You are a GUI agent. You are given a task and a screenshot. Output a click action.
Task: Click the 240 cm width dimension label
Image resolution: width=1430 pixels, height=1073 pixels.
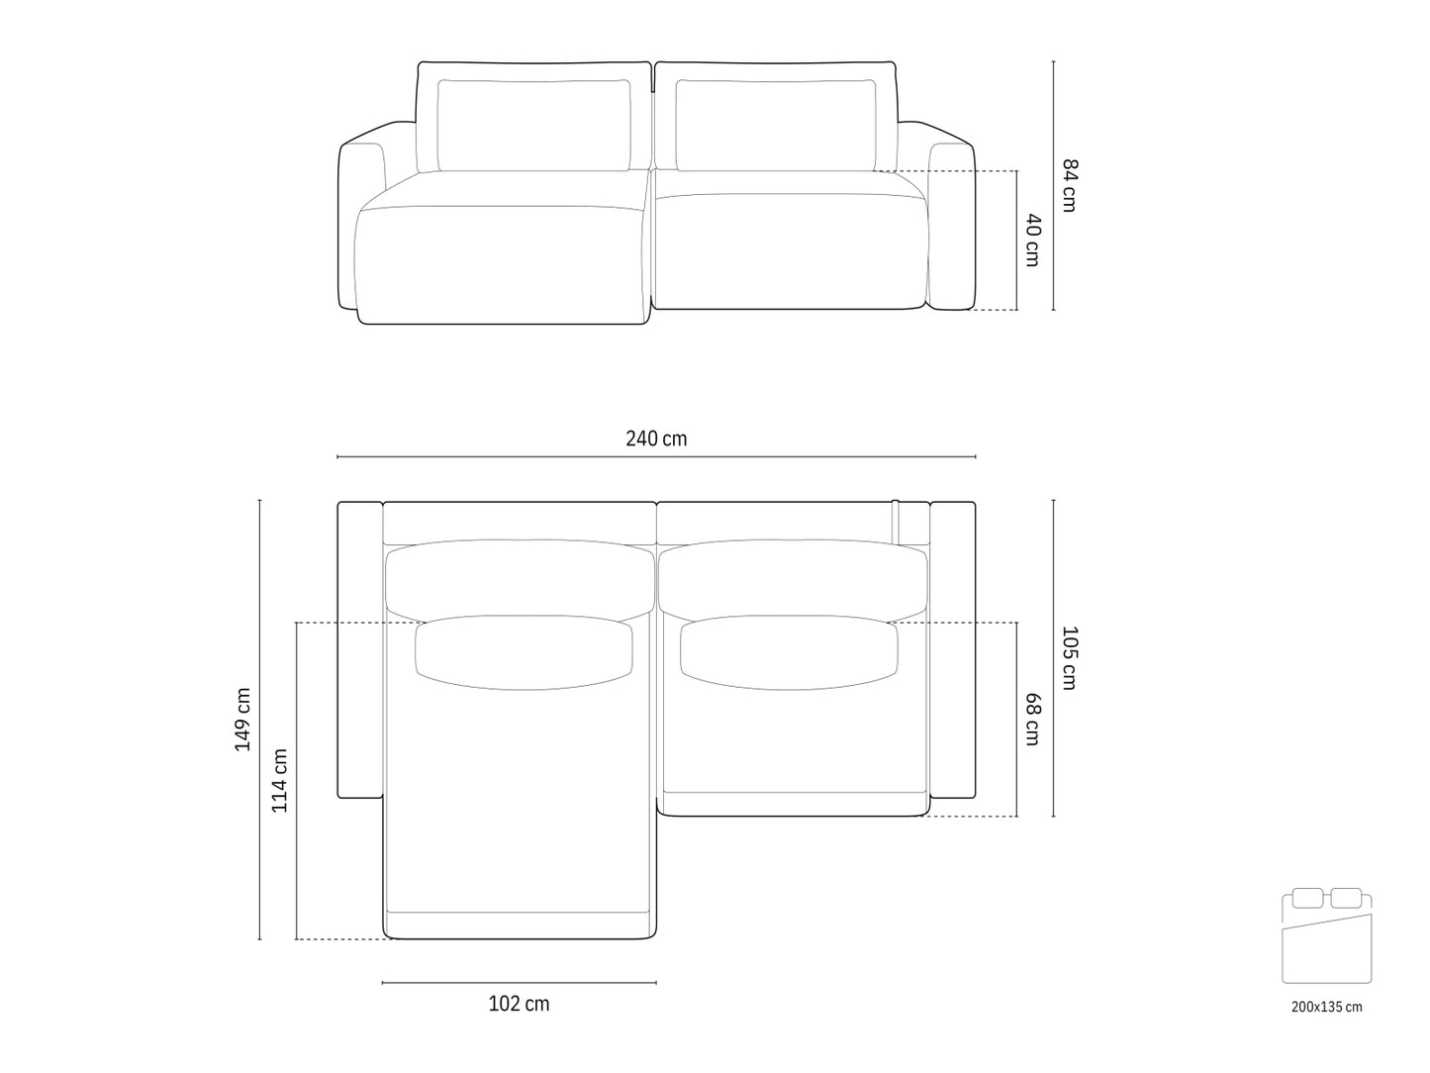tap(656, 439)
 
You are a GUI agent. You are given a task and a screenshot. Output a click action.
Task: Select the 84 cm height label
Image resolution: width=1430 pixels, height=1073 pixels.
tap(1069, 185)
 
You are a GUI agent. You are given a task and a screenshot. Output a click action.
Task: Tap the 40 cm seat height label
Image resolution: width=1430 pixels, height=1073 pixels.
tap(1032, 240)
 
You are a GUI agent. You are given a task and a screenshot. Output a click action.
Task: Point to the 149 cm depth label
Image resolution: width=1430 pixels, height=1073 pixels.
tap(242, 720)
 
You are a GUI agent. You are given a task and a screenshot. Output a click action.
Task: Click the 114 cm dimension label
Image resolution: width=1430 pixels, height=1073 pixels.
tap(280, 780)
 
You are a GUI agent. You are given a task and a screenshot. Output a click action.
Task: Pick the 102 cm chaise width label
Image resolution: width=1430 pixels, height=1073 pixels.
tap(519, 1004)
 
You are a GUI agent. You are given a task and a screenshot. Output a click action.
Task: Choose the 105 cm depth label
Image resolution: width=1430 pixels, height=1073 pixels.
tap(1069, 657)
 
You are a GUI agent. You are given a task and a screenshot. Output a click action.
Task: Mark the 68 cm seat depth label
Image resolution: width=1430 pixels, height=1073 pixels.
tap(1032, 719)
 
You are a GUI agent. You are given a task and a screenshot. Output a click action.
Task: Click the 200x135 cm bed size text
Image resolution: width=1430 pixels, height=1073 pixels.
tap(1326, 1007)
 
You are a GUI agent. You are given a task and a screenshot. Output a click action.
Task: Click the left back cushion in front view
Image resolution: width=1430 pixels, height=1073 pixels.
tap(534, 124)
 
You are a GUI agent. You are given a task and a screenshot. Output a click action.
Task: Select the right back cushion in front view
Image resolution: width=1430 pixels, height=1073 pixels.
tap(777, 124)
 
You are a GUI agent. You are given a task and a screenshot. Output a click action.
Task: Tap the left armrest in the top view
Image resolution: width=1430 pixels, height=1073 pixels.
tap(359, 649)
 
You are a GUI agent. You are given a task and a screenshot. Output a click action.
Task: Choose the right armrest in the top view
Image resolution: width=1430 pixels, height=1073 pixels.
tap(953, 649)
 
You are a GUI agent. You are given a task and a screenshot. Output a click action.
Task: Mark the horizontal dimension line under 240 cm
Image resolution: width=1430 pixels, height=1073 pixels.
tap(656, 457)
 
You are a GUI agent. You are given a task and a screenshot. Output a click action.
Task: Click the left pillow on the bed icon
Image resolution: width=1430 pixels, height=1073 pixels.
tap(1308, 899)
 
